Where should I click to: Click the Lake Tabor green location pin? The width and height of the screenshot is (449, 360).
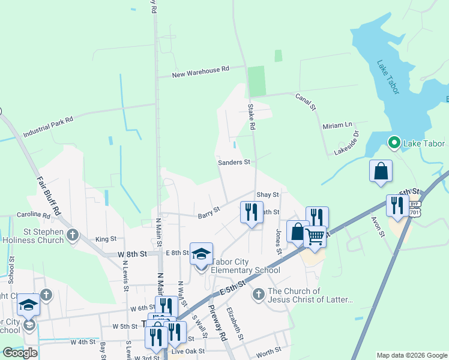click(x=394, y=143)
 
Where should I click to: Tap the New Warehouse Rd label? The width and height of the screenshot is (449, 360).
click(x=200, y=72)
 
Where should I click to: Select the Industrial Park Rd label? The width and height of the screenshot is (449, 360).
click(x=48, y=127)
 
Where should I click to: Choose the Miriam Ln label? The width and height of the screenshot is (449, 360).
click(x=337, y=126)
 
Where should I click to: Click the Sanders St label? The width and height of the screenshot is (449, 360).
click(x=234, y=163)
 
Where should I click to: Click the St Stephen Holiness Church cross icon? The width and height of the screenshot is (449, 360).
click(x=73, y=234)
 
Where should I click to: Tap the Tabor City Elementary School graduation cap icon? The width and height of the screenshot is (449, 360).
click(x=202, y=253)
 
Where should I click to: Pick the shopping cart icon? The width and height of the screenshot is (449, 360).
click(x=315, y=236)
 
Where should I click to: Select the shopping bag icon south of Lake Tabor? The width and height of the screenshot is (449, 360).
click(x=381, y=170)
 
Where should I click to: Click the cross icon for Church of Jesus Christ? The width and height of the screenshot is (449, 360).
click(x=258, y=294)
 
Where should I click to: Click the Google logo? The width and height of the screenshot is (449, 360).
click(x=20, y=353)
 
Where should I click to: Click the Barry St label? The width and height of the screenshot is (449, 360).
click(x=209, y=212)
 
